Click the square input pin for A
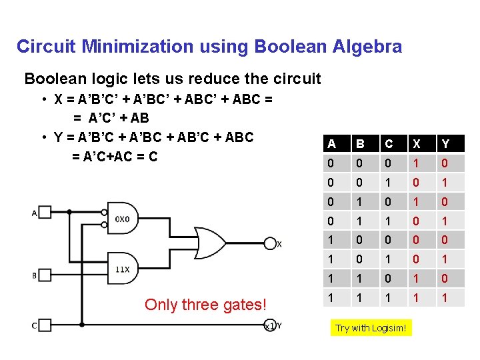pos(44,213)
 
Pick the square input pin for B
pos(44,275)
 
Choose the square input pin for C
pos(44,325)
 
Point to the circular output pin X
pos(270,244)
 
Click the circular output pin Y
pos(270,325)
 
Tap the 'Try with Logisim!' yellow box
pos(371,328)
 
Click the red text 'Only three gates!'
pos(205,305)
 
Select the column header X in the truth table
pos(417,143)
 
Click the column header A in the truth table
pos(331,143)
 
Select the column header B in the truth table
pos(360,143)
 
